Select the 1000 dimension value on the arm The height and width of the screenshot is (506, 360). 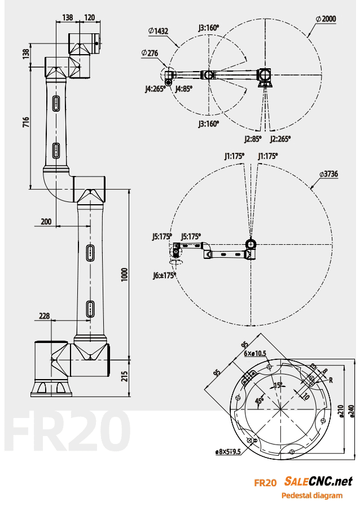(x=125, y=274)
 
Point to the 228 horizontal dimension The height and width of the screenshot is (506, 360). (x=44, y=316)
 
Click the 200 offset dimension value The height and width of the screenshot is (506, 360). (x=46, y=222)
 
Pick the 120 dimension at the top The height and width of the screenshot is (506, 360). (x=89, y=17)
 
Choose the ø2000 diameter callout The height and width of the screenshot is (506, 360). (x=326, y=19)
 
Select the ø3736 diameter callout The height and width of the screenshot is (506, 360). (x=328, y=174)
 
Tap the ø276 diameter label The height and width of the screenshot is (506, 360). (x=150, y=53)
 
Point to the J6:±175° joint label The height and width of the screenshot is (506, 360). (x=163, y=275)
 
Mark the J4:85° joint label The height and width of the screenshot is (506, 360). (x=184, y=89)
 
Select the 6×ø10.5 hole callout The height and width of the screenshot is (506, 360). (x=255, y=354)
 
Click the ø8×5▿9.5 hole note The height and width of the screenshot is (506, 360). (x=228, y=451)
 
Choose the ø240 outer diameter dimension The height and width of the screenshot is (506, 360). (x=351, y=412)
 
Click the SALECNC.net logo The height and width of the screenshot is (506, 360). (x=318, y=481)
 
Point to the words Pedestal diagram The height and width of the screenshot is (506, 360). (x=311, y=496)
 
